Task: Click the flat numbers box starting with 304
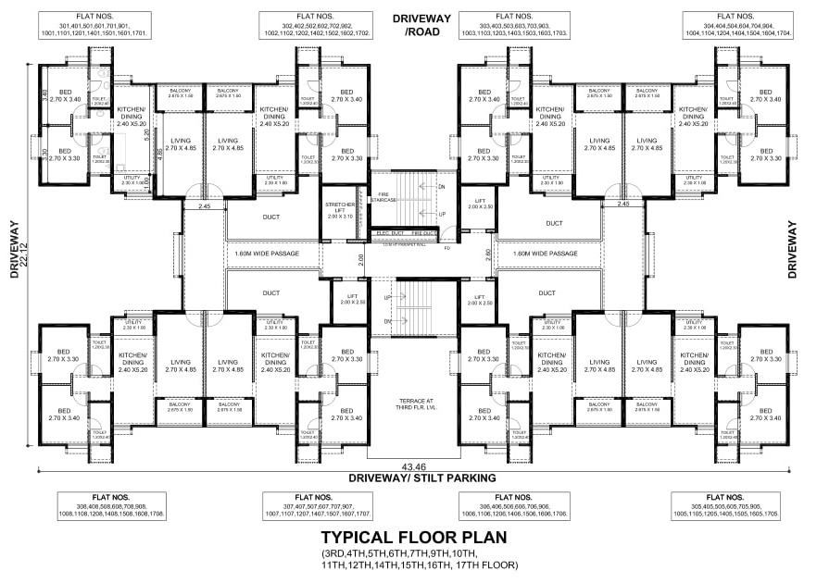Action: point(738,25)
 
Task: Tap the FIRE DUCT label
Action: point(423,232)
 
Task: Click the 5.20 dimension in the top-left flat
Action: point(146,132)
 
